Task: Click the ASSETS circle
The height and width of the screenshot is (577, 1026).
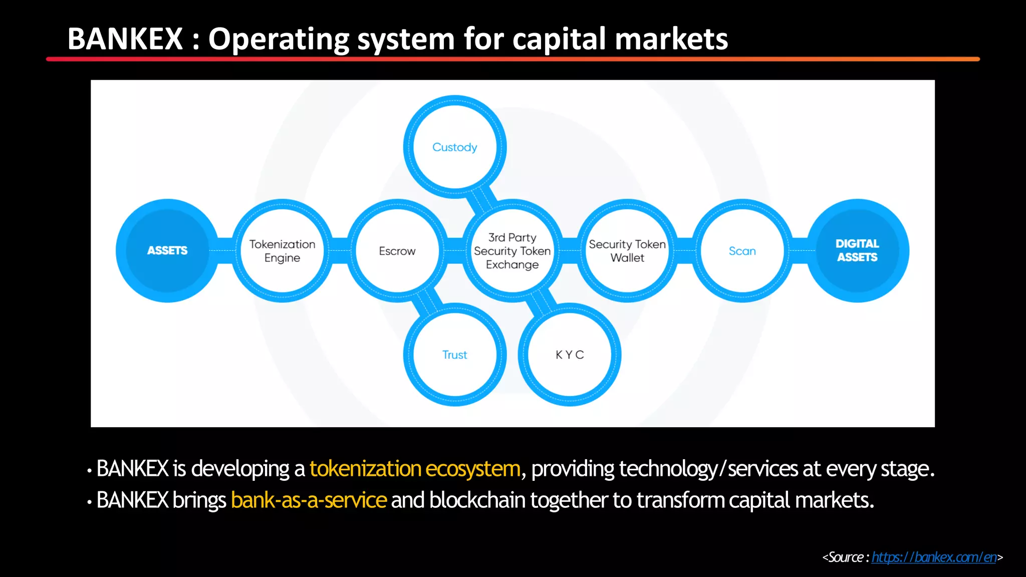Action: (167, 250)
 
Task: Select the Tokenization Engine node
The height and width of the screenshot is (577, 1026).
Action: (283, 250)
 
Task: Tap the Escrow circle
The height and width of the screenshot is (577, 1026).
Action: (397, 250)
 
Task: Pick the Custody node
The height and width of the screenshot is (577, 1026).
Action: (455, 147)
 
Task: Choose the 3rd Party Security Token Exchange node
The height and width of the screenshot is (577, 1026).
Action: (512, 250)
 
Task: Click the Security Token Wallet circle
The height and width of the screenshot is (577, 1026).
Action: (627, 250)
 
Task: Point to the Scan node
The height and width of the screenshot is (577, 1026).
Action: (742, 250)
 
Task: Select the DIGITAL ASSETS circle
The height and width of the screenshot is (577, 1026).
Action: (857, 250)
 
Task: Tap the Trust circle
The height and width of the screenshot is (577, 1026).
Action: (455, 355)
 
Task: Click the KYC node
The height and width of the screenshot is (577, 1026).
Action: (570, 355)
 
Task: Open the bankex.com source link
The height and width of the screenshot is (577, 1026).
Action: (934, 557)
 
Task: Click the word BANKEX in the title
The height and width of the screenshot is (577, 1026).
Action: (125, 39)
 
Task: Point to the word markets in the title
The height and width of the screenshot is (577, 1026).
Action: (671, 39)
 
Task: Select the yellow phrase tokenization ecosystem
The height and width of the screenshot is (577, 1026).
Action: (415, 469)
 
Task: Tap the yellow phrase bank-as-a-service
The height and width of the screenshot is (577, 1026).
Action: (309, 500)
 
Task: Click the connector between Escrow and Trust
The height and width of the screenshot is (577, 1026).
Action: (427, 302)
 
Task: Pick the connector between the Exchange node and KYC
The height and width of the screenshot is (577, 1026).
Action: (542, 302)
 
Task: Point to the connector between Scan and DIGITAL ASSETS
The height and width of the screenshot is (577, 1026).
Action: (800, 250)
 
